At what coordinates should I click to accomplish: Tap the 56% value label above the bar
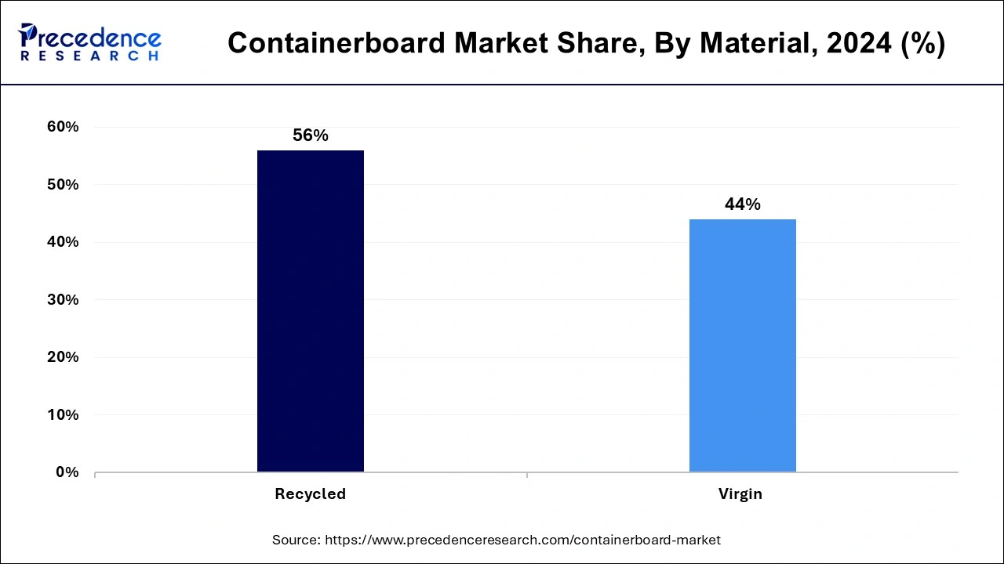[310, 136]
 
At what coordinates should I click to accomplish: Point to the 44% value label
[742, 204]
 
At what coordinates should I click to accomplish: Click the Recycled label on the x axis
[310, 494]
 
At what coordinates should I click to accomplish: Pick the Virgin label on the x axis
[740, 494]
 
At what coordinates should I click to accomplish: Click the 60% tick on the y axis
[62, 127]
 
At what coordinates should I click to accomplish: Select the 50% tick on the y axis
[62, 185]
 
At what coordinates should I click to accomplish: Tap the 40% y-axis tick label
[62, 242]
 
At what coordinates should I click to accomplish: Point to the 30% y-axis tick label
[62, 300]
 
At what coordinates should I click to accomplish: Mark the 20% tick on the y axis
[62, 357]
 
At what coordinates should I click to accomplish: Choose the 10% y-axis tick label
[62, 415]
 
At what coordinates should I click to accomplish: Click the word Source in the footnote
[295, 540]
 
